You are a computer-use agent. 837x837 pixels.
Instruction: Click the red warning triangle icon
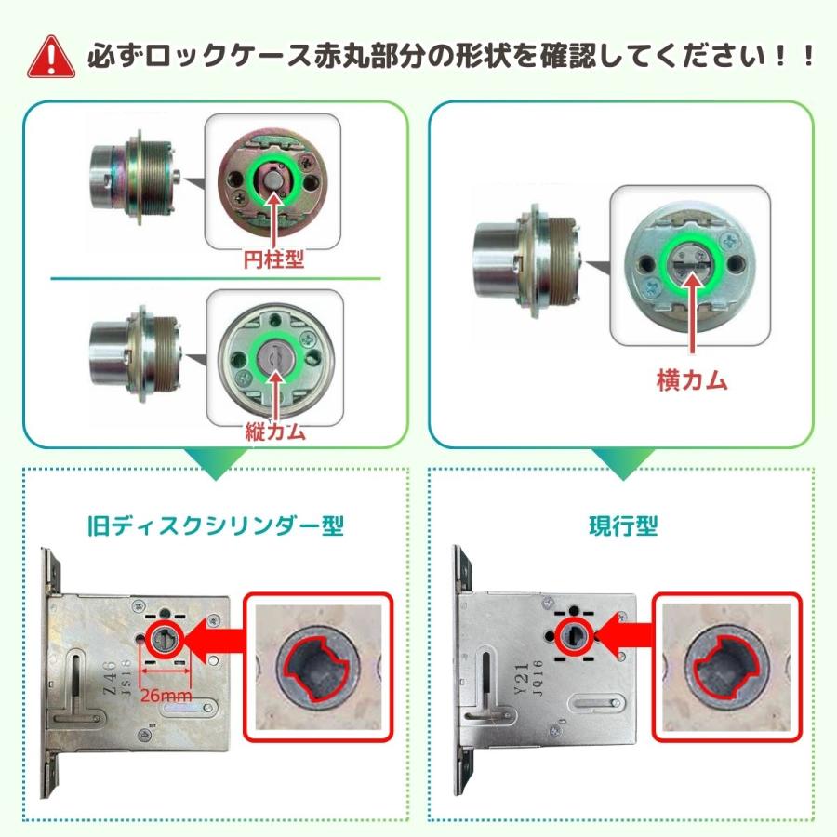coord(51,58)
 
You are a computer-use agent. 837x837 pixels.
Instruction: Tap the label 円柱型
coord(273,259)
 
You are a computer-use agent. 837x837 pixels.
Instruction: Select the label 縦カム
coord(275,431)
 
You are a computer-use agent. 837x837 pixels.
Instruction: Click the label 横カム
coord(692,381)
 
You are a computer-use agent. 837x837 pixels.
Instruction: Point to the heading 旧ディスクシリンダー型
coord(215,525)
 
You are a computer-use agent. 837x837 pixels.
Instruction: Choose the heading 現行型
coord(623,525)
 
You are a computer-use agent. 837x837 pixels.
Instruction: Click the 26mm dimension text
coord(166,696)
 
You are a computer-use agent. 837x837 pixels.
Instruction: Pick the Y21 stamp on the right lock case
coord(521,679)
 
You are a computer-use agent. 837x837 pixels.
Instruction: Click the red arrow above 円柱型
coord(273,219)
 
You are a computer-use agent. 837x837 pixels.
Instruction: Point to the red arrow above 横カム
coord(692,312)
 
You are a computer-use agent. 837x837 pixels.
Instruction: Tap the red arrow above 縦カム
coord(275,395)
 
